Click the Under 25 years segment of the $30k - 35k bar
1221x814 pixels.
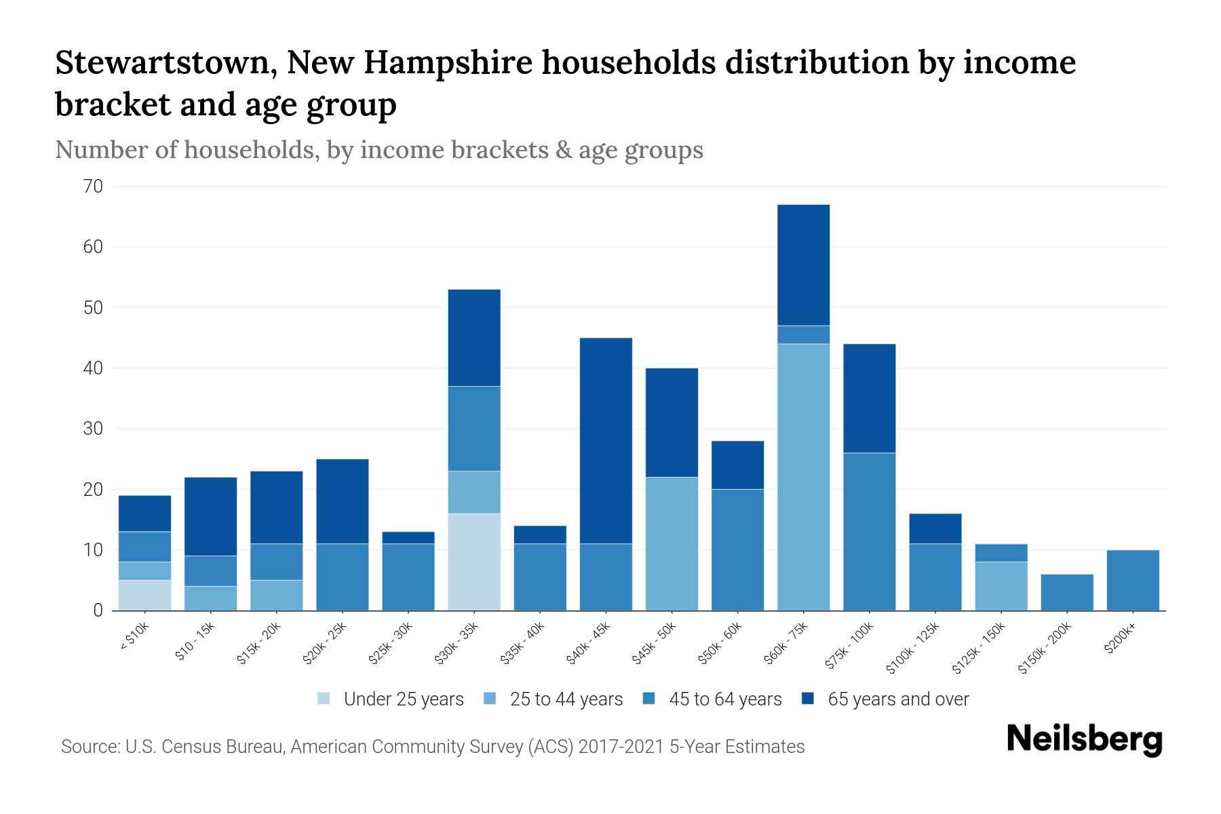pyautogui.click(x=474, y=562)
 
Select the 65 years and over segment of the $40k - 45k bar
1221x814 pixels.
pyautogui.click(x=606, y=441)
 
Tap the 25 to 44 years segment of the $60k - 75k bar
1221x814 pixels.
pyautogui.click(x=803, y=477)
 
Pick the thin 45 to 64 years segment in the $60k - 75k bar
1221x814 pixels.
pyautogui.click(x=803, y=335)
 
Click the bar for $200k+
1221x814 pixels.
pyautogui.click(x=1133, y=581)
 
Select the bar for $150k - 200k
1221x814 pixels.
pyautogui.click(x=1067, y=592)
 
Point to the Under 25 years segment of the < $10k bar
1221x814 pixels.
pyautogui.click(x=144, y=595)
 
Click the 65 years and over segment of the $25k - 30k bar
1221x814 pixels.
pyautogui.click(x=408, y=537)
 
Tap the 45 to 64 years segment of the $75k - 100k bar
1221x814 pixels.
pyautogui.click(x=869, y=531)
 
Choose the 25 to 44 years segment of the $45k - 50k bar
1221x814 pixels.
pyautogui.click(x=672, y=543)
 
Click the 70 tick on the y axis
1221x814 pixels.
pyautogui.click(x=94, y=187)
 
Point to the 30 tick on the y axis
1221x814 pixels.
pyautogui.click(x=94, y=429)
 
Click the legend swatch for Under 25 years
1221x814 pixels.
pyautogui.click(x=324, y=699)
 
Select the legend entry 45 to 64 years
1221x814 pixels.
pyautogui.click(x=724, y=699)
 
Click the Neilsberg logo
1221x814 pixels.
pyautogui.click(x=1084, y=739)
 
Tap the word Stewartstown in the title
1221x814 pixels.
pyautogui.click(x=166, y=62)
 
